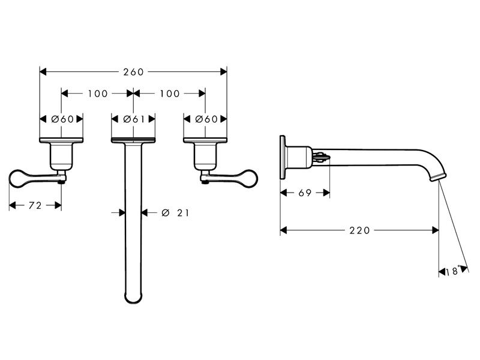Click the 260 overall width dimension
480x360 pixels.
pos(133,72)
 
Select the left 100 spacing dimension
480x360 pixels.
pos(98,94)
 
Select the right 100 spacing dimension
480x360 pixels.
pos(170,94)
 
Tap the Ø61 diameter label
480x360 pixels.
pos(133,119)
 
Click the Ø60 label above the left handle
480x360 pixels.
pos(62,119)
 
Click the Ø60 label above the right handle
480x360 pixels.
pos(206,119)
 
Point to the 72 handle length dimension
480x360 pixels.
pos(35,205)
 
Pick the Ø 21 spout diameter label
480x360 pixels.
pos(175,212)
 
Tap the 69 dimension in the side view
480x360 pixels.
pos(305,193)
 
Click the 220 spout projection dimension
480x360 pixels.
pos(359,230)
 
